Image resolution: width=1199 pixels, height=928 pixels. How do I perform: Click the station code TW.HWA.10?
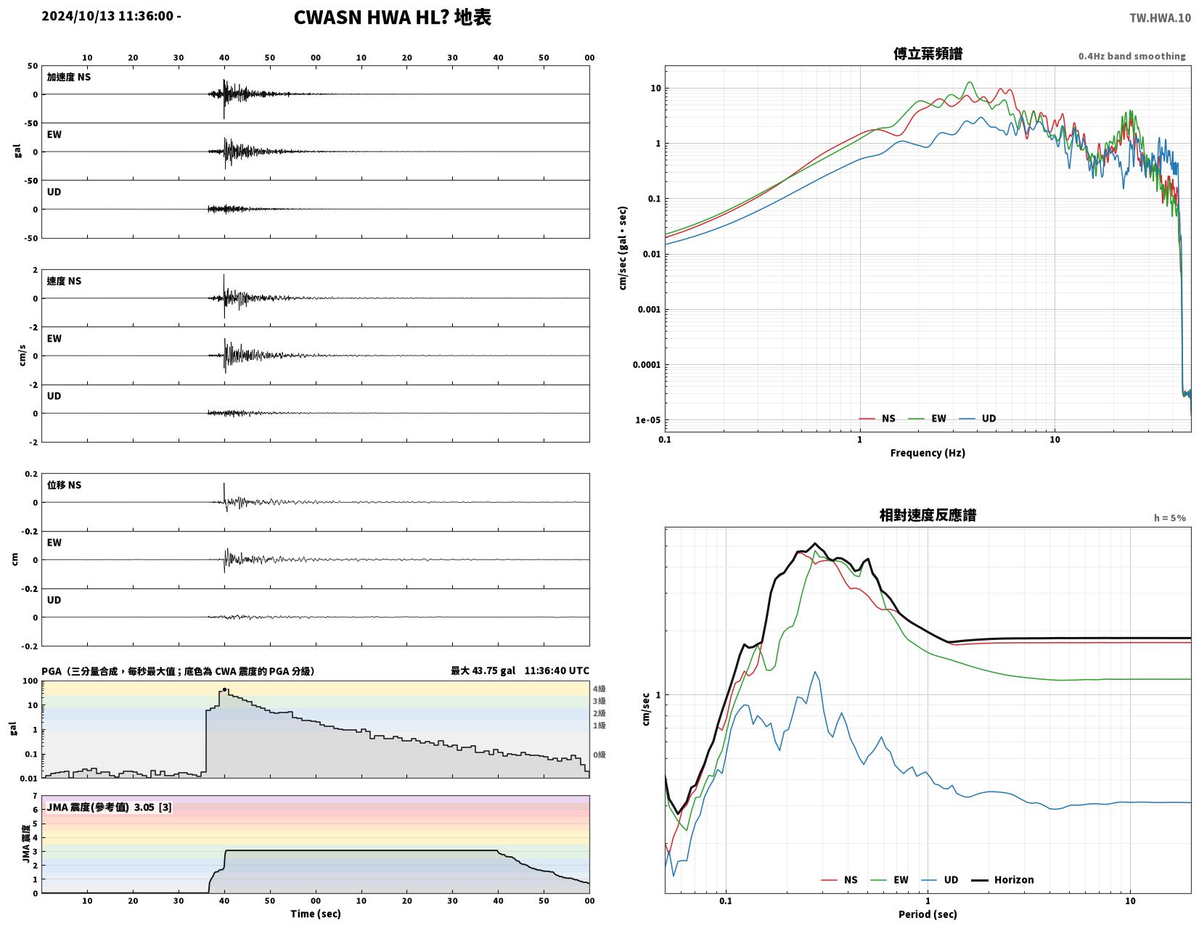pos(1159,18)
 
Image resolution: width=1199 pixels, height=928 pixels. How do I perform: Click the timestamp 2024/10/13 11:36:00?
pos(107,16)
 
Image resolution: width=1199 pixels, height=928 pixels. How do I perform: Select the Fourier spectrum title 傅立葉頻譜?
pos(928,54)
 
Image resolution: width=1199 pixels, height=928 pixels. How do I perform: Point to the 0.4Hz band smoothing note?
pos(1132,57)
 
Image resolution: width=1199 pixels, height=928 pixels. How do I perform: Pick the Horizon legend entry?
pos(1002,879)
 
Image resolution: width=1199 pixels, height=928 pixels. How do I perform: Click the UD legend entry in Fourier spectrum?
pos(977,419)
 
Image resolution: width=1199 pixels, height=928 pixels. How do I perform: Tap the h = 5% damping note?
pos(1169,518)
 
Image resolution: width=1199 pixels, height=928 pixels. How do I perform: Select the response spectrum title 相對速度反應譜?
pos(928,515)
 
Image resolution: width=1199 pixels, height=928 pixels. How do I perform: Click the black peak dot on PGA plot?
pos(224,689)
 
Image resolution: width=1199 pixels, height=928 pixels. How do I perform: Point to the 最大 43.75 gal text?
pos(483,670)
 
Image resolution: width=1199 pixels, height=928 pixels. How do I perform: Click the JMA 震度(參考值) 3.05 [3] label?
pos(109,808)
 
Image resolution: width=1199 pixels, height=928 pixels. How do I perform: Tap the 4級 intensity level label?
pos(599,689)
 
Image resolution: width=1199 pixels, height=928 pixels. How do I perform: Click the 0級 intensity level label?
pos(599,755)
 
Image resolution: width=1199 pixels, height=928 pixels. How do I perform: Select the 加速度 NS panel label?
pos(69,77)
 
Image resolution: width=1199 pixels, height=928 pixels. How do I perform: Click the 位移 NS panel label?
pos(64,485)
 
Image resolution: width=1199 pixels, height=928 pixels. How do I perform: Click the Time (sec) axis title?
pos(316,913)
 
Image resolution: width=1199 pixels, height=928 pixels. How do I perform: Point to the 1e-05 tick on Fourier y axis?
pos(648,420)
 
